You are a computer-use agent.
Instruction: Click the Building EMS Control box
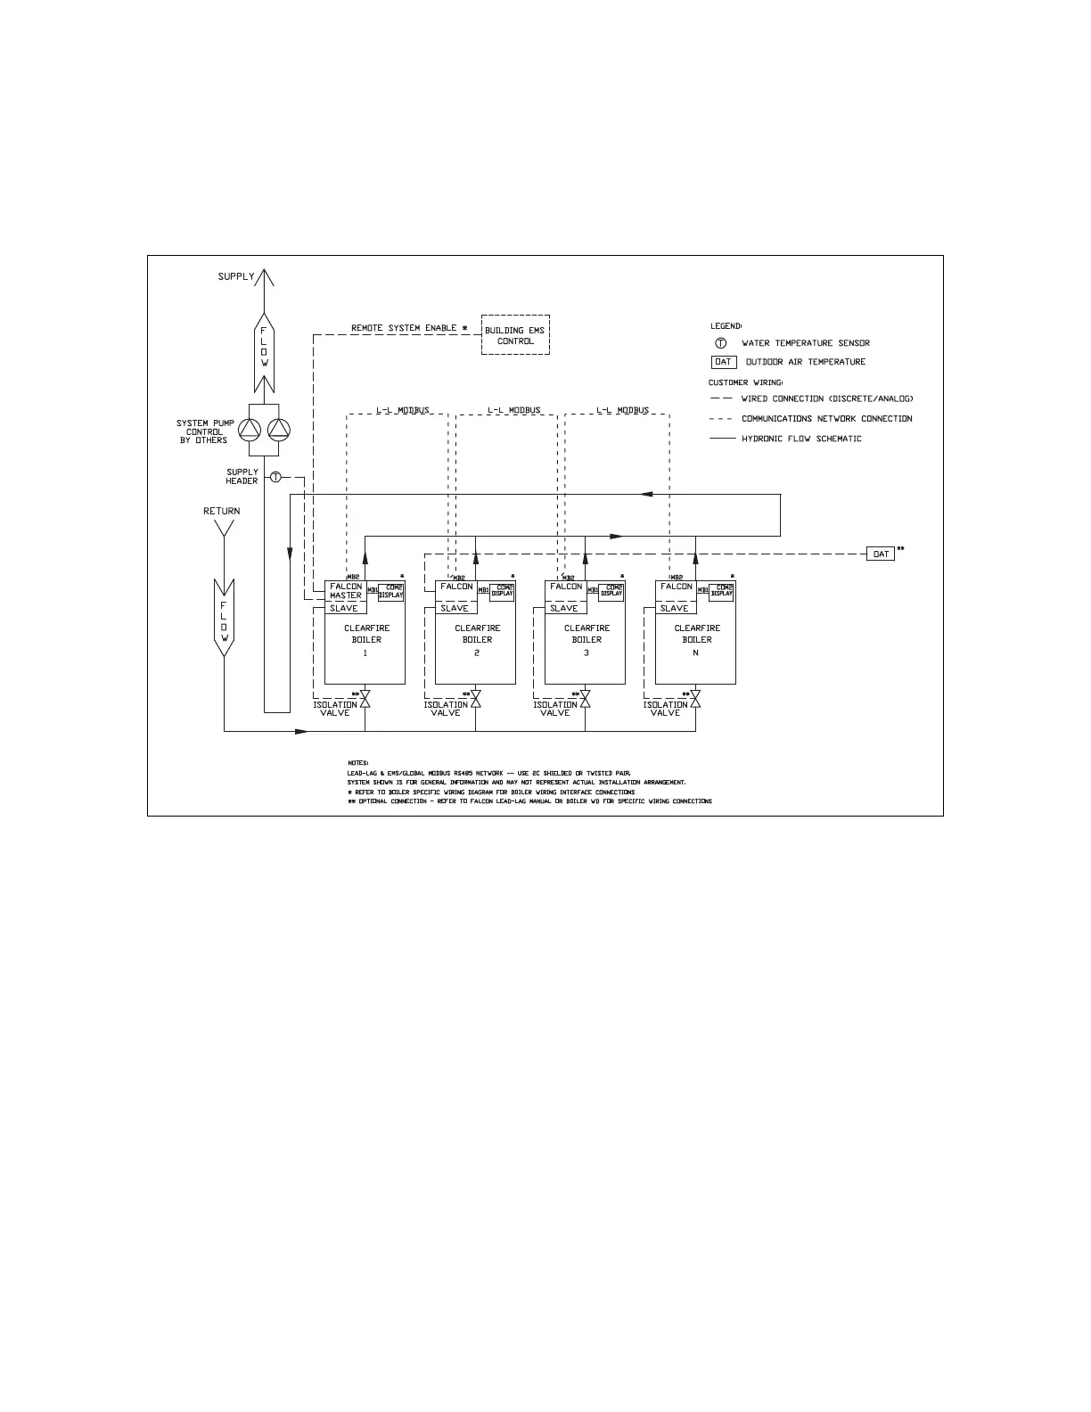tap(515, 335)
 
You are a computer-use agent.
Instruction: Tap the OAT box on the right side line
tap(881, 554)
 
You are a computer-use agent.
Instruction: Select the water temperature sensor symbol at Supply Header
tap(275, 478)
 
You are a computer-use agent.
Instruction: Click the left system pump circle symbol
tap(252, 431)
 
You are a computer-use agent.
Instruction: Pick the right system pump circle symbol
tap(279, 431)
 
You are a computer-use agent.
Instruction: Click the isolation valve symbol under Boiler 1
tap(365, 700)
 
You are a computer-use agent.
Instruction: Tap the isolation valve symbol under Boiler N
tap(695, 700)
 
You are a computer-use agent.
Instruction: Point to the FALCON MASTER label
tap(346, 591)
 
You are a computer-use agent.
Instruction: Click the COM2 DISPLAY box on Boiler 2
tap(502, 592)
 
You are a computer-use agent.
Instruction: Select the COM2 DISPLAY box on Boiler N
tap(721, 592)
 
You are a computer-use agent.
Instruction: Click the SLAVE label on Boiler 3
tap(564, 609)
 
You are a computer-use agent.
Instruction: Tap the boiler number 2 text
tap(477, 653)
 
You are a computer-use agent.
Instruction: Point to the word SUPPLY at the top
tap(236, 277)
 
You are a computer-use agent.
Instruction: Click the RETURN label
tap(222, 512)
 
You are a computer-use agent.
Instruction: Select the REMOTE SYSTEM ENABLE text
tap(404, 328)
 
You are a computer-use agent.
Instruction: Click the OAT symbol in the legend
tap(723, 362)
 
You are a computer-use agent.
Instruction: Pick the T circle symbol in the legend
tap(721, 343)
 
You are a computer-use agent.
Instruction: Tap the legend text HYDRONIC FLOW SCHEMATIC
tap(801, 439)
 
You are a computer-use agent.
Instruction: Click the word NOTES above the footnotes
tap(358, 763)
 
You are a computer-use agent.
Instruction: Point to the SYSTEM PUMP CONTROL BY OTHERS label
tap(205, 431)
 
